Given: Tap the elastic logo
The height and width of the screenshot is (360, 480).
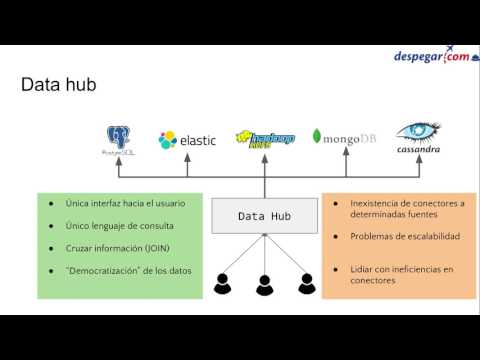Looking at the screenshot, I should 187,140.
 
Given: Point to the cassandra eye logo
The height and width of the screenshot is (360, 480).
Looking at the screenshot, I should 419,138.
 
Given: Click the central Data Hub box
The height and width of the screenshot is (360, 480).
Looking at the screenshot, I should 264,216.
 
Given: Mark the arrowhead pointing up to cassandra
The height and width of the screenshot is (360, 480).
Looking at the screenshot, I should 417,166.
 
